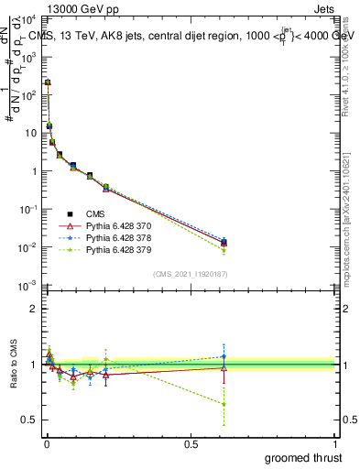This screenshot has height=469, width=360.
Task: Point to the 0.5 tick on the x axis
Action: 191,442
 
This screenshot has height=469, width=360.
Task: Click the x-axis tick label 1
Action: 334,442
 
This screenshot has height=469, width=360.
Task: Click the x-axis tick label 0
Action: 46,442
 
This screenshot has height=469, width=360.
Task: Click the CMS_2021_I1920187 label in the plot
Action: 190,274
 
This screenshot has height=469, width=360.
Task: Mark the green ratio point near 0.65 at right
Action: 224,404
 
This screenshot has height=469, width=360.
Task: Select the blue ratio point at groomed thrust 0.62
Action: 224,356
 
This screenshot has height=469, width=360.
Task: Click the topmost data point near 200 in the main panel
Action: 48,82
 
